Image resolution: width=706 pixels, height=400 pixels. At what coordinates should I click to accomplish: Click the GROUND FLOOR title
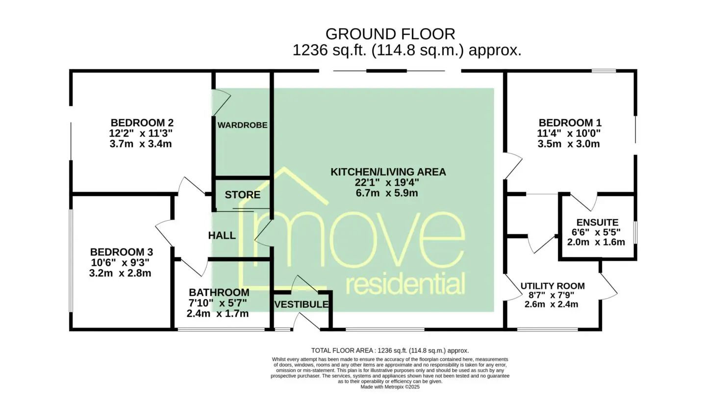390,34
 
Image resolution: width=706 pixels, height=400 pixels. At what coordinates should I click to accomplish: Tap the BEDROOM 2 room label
142,123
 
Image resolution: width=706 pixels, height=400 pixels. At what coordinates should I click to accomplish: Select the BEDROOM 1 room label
570,123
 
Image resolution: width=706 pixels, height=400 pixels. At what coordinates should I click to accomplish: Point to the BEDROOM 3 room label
122,252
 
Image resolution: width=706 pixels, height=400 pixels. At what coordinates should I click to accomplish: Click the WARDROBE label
242,125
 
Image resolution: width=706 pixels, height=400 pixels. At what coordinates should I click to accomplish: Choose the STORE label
242,195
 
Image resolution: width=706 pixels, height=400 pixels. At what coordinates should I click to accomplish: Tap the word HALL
222,235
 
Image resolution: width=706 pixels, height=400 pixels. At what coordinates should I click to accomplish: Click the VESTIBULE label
302,304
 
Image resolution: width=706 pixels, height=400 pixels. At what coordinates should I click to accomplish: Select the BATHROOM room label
219,293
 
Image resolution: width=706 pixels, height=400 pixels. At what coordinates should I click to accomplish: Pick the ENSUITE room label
597,223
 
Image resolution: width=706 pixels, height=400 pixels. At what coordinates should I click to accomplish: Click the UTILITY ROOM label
553,286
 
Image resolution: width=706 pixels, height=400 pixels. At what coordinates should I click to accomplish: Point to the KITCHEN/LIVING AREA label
388,172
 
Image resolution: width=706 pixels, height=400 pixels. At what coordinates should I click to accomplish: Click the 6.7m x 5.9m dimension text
387,193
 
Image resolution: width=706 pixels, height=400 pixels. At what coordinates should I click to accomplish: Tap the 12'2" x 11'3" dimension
141,133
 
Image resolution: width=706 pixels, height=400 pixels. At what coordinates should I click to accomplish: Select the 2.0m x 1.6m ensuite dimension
596,242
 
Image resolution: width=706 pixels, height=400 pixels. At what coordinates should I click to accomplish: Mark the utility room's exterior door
609,286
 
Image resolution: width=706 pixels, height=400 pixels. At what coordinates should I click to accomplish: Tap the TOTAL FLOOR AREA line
390,350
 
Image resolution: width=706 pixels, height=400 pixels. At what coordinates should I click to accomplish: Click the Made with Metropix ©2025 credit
390,387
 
